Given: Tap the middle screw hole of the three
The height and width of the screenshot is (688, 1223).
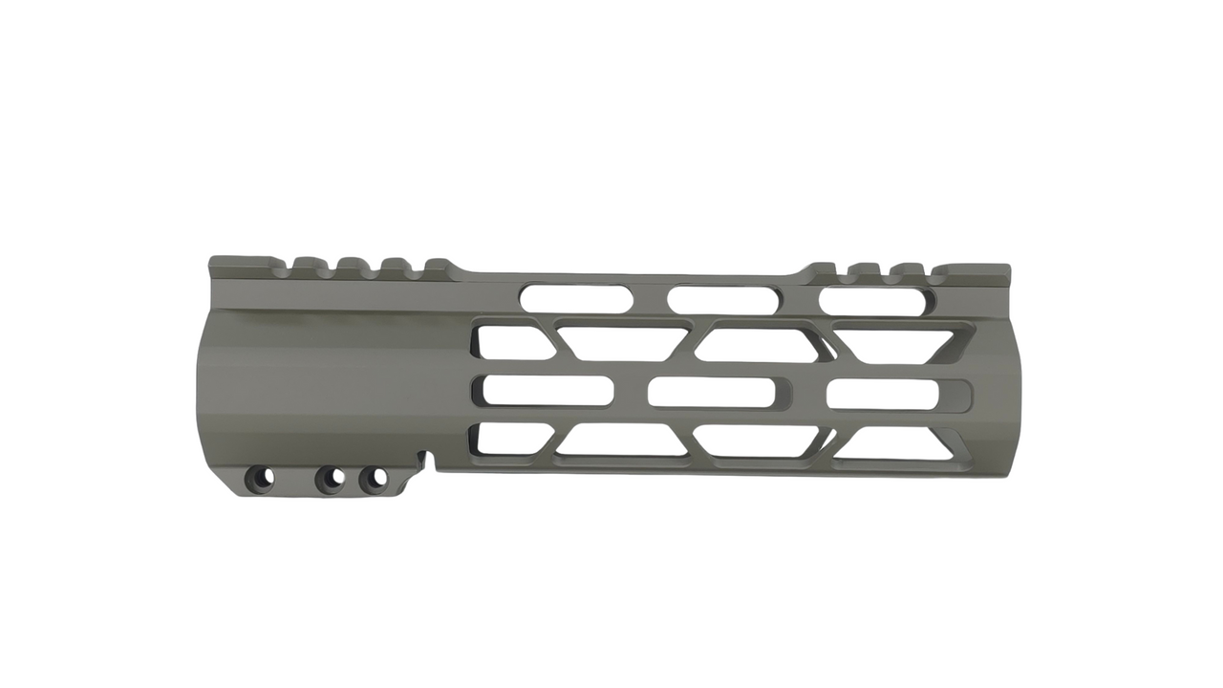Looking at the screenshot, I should pyautogui.click(x=330, y=477).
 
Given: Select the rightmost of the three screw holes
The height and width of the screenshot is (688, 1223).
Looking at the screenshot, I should pyautogui.click(x=374, y=476).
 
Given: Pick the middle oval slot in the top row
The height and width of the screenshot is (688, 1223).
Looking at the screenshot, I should pyautogui.click(x=719, y=299).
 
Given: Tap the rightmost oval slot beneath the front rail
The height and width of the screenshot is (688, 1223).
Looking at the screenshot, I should pyautogui.click(x=872, y=301).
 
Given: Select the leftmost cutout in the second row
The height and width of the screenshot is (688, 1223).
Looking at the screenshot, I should pyautogui.click(x=512, y=342).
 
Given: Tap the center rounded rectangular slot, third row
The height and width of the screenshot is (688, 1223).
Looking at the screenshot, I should pyautogui.click(x=711, y=392).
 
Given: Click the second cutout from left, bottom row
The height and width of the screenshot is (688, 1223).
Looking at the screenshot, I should pyautogui.click(x=621, y=441).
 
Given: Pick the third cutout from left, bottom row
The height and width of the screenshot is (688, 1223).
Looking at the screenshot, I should pyautogui.click(x=757, y=441).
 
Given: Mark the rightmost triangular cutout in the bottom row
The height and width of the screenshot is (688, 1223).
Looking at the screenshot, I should pyautogui.click(x=893, y=444).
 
